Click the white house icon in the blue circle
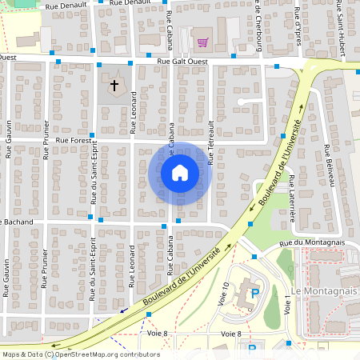[x=179, y=172]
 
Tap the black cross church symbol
[x=114, y=84]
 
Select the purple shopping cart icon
[x=203, y=42]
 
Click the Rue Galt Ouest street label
[x=183, y=61]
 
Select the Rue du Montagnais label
[x=311, y=242]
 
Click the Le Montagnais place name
[x=325, y=291]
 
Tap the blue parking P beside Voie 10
[x=255, y=294]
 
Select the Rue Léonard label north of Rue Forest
[x=133, y=112]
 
